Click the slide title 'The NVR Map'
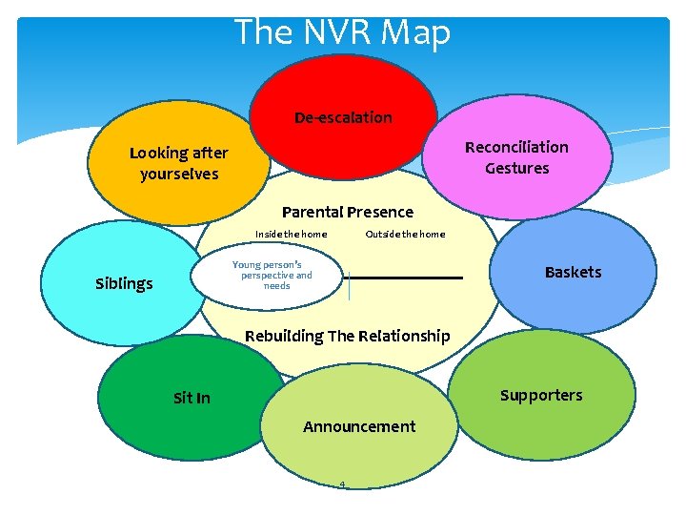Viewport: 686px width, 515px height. click(x=342, y=32)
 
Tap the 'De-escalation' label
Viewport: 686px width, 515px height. click(x=343, y=117)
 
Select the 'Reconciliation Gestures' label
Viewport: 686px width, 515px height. click(x=516, y=157)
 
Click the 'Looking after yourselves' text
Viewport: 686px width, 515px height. click(x=179, y=163)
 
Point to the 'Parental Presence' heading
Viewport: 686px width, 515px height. click(x=348, y=212)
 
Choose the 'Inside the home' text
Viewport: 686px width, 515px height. click(x=292, y=235)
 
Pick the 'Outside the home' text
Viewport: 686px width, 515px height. click(x=405, y=235)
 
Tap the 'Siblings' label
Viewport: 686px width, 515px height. click(x=124, y=283)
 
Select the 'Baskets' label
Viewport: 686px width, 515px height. click(x=573, y=272)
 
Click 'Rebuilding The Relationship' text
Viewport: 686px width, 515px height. click(x=348, y=336)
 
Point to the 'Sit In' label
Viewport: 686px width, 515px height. click(x=192, y=398)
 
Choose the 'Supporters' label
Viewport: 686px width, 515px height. click(x=541, y=395)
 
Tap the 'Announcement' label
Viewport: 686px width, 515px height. click(x=359, y=426)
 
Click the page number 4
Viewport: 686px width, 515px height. click(x=342, y=484)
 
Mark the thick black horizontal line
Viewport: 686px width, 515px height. click(x=415, y=278)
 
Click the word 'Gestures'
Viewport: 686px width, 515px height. click(x=516, y=168)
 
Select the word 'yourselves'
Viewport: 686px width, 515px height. click(x=179, y=174)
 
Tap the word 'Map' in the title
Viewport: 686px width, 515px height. click(x=414, y=32)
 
